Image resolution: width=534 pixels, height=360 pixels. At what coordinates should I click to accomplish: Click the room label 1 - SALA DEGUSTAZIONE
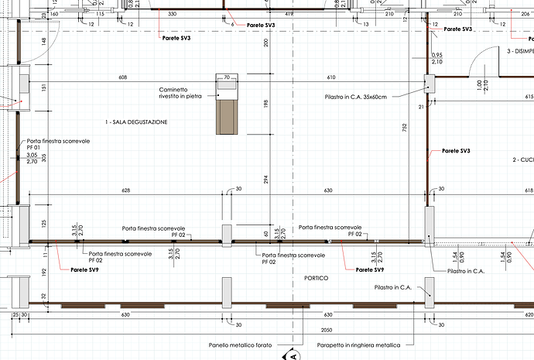pyautogui.click(x=136, y=123)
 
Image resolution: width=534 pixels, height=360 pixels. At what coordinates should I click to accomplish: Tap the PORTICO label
pyautogui.click(x=317, y=278)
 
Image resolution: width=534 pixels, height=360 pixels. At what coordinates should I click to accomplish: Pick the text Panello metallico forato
pyautogui.click(x=240, y=345)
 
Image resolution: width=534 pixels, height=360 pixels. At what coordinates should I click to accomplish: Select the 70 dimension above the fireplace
pyautogui.click(x=228, y=78)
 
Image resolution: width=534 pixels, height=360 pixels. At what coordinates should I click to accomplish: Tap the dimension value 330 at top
pyautogui.click(x=172, y=15)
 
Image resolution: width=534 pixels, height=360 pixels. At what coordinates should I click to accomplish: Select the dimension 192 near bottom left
pyautogui.click(x=45, y=272)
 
